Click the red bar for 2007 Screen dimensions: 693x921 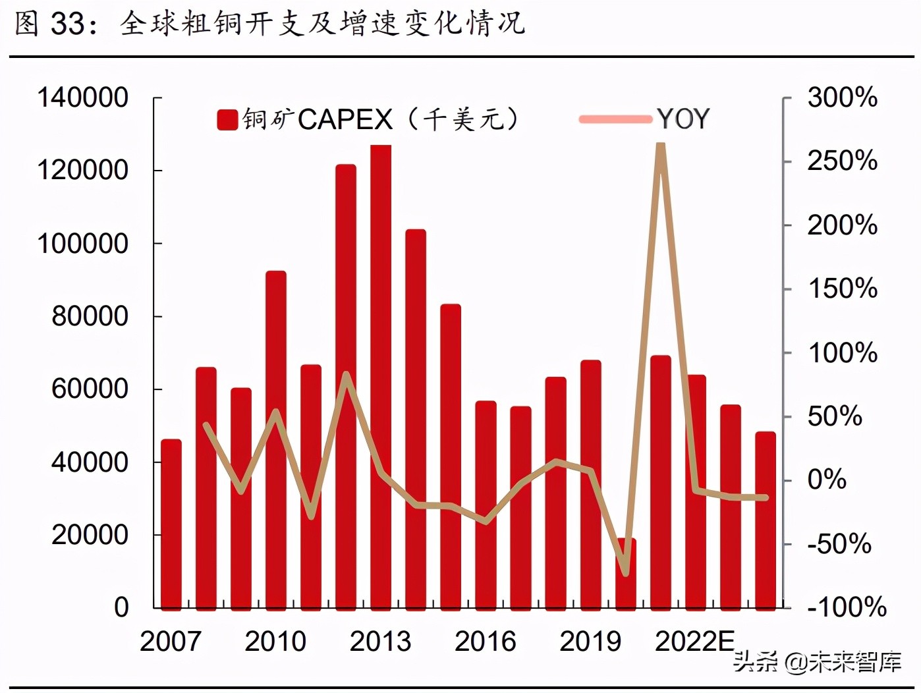point(171,524)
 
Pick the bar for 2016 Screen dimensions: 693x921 point(486,505)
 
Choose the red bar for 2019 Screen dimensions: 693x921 point(590,484)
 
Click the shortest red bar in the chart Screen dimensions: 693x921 point(626,573)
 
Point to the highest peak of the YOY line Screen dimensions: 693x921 point(661,146)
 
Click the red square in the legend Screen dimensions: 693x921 point(227,120)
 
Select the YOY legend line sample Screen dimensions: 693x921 point(615,119)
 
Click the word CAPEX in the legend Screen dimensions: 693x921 point(345,119)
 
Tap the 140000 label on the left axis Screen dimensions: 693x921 point(83,97)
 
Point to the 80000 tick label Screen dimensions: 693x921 point(90,316)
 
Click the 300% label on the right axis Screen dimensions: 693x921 point(843,97)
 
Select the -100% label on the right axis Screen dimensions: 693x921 point(847,607)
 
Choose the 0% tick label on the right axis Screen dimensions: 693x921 point(827,480)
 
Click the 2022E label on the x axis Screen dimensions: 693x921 point(694,641)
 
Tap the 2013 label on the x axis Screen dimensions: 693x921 point(380,641)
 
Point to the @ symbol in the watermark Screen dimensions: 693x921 point(796,661)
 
